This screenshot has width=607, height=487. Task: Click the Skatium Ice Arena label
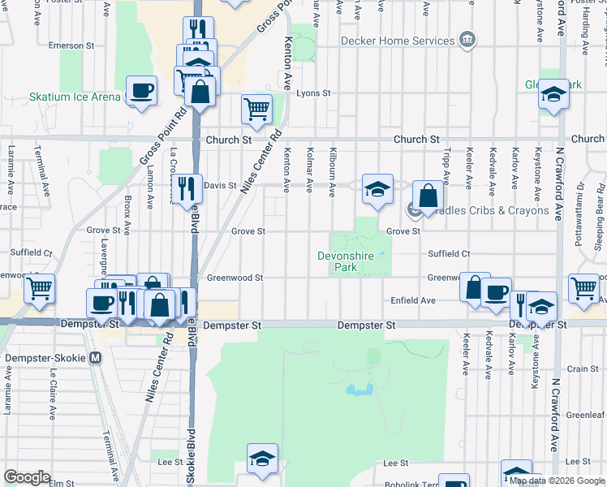(x=75, y=97)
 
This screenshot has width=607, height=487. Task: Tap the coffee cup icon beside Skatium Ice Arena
(x=142, y=90)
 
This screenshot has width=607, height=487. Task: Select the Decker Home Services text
(x=397, y=41)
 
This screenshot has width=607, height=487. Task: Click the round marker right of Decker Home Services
(x=467, y=40)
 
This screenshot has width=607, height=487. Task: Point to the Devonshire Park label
(x=348, y=261)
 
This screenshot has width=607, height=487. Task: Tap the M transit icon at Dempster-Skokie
(x=96, y=357)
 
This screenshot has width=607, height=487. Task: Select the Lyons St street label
(x=313, y=93)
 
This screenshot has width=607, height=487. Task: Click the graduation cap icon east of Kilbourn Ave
(x=377, y=188)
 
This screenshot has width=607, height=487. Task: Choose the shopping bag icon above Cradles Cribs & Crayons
(x=428, y=195)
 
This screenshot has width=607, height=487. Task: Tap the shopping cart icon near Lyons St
(x=256, y=108)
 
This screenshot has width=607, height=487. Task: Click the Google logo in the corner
(x=26, y=477)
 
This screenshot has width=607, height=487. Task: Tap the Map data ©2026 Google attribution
(x=557, y=481)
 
